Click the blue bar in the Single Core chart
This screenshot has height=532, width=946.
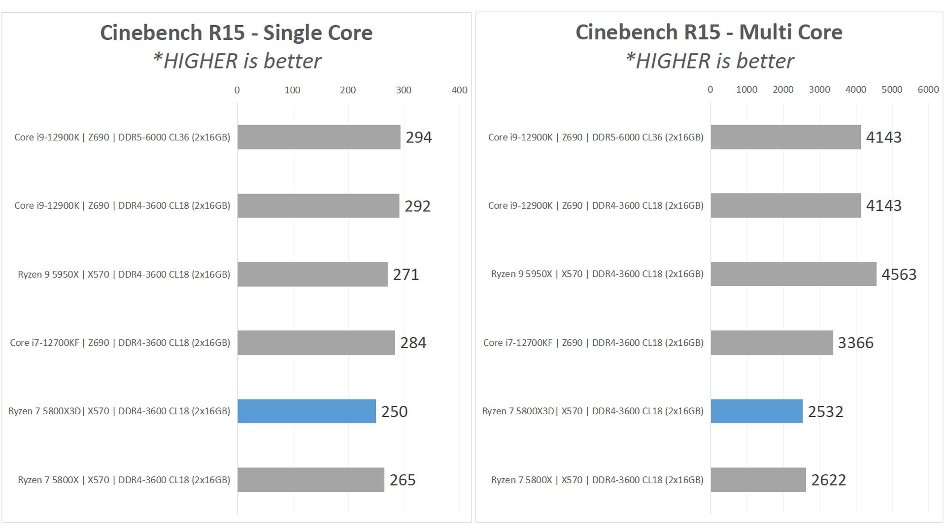click(306, 411)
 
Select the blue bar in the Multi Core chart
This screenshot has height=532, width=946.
click(756, 411)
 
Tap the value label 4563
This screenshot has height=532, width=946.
click(899, 274)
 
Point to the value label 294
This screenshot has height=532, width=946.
click(418, 137)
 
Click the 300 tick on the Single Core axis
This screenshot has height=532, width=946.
click(404, 90)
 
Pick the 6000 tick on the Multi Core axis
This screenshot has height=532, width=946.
click(928, 90)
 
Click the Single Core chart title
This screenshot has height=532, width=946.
click(236, 33)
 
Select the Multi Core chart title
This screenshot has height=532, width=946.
click(709, 33)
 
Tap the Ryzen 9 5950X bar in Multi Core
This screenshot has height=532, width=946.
click(793, 274)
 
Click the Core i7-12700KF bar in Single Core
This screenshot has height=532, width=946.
click(316, 342)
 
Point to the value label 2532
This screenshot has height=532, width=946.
click(825, 411)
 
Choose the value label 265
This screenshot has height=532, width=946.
click(403, 480)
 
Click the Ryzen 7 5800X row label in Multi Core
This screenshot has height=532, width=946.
click(597, 480)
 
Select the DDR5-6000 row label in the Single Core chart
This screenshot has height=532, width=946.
click(122, 137)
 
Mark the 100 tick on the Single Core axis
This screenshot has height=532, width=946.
click(292, 90)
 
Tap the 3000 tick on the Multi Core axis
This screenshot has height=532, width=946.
click(819, 90)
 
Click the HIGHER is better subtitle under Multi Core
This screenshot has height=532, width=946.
click(709, 62)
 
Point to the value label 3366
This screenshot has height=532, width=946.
click(855, 343)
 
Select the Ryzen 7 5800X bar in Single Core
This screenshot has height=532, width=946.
click(310, 480)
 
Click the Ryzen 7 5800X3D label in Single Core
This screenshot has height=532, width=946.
click(119, 411)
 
